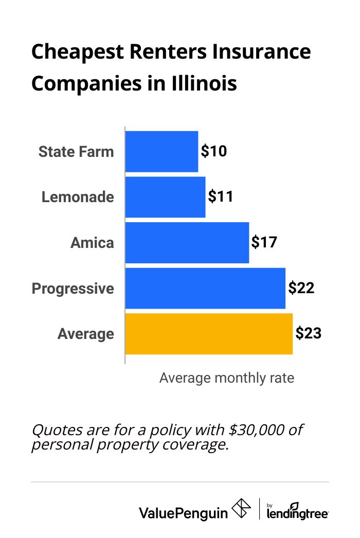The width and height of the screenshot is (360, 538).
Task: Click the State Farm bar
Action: point(161,151)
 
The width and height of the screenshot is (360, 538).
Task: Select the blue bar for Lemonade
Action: point(165,197)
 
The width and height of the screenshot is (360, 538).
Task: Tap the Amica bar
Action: point(187,243)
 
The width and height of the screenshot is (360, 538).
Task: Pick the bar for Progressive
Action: point(205,288)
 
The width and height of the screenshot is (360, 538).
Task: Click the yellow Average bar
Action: point(209,334)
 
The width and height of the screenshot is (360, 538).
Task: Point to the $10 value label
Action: point(213,151)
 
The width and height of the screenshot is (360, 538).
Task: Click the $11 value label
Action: point(221,197)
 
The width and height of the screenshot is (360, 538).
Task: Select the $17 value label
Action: point(264,243)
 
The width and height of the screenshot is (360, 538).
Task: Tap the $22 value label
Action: point(301,288)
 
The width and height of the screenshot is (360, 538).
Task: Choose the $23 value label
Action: point(308,334)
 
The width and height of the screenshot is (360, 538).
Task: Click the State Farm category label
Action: point(76,152)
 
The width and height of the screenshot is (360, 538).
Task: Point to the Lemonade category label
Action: point(78,197)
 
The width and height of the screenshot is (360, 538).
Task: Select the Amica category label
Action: point(92,243)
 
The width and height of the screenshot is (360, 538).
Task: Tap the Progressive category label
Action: point(73,289)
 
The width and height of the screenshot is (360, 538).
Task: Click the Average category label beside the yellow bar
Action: point(85,334)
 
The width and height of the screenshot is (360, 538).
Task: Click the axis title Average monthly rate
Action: point(226,378)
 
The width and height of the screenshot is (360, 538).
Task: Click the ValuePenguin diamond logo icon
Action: point(242,509)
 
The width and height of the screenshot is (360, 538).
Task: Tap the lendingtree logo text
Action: point(298,513)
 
